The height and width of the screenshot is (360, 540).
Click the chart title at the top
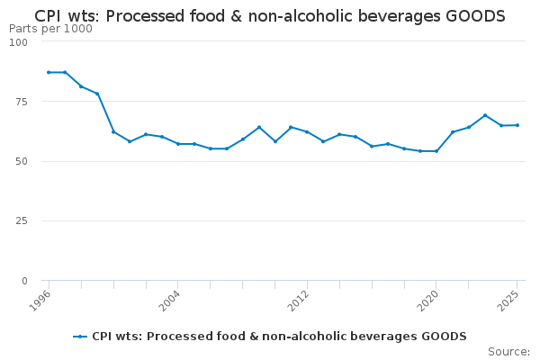270,16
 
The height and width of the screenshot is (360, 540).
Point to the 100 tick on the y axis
19,41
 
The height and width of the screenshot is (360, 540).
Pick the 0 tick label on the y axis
24,281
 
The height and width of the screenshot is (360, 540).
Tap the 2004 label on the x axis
170,299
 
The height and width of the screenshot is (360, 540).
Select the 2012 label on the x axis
300,299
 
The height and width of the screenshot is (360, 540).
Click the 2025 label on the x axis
510,299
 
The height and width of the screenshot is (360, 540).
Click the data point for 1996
49,72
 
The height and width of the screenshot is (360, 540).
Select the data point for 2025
517,125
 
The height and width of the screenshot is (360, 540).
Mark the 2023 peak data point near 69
485,115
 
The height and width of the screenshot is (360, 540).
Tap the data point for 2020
436,151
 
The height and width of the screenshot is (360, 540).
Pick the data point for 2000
113,131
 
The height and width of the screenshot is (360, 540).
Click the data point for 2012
307,131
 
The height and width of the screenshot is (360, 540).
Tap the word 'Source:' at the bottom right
508,351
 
